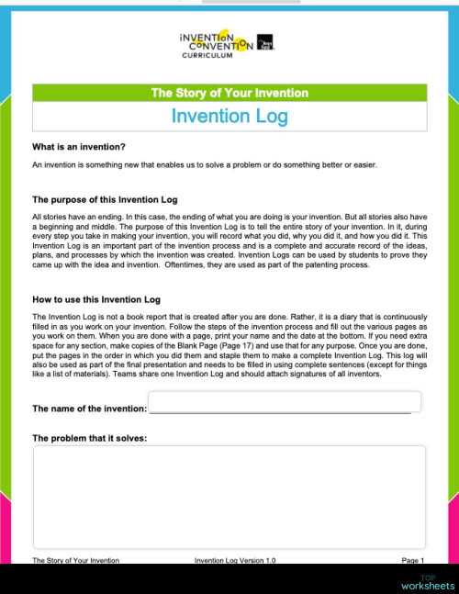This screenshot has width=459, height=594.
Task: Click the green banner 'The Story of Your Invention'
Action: [229, 93]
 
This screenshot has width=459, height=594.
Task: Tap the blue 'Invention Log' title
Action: [229, 117]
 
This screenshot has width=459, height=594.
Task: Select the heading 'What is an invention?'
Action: [79, 147]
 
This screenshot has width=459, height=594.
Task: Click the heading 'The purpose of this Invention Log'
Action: [105, 199]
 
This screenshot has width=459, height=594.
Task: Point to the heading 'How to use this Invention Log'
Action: [96, 299]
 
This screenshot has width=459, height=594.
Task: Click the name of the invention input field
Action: [285, 402]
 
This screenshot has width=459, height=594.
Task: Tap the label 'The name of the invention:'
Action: [89, 409]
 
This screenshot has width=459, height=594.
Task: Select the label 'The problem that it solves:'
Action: [89, 438]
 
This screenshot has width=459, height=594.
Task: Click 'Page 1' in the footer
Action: [412, 560]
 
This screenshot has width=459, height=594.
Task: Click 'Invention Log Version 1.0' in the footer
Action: [235, 560]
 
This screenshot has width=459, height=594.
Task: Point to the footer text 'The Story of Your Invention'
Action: [75, 560]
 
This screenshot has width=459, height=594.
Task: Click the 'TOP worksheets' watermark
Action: [427, 582]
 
